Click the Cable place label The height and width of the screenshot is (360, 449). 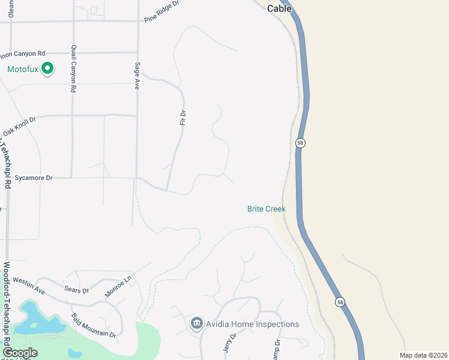(x=279, y=8)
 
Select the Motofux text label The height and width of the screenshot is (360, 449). (x=23, y=70)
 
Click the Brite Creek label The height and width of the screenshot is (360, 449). (x=266, y=209)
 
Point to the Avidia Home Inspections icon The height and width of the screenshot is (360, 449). (x=196, y=324)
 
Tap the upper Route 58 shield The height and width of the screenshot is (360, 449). (x=300, y=143)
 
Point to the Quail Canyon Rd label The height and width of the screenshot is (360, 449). (x=73, y=69)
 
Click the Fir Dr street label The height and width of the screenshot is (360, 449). (x=184, y=117)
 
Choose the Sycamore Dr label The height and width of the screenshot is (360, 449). (x=34, y=178)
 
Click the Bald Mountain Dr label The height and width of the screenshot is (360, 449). (x=93, y=325)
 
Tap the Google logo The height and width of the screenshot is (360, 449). (x=20, y=353)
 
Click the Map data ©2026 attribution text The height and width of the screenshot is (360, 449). (x=423, y=355)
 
